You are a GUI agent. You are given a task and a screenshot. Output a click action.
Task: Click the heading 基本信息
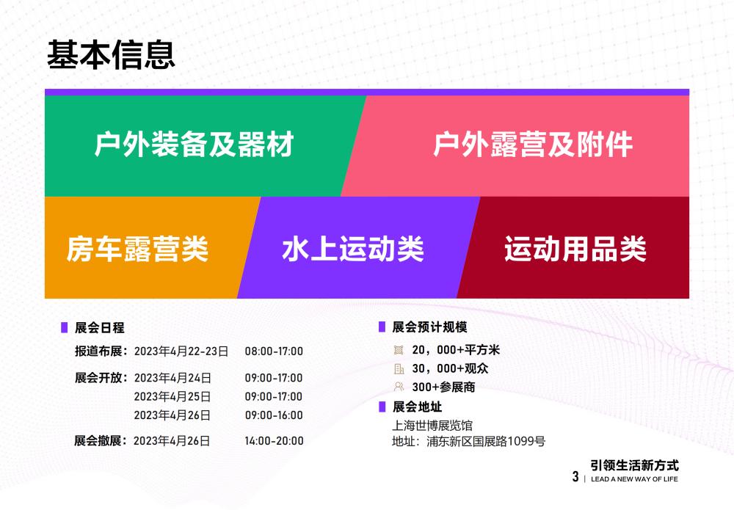click(112, 55)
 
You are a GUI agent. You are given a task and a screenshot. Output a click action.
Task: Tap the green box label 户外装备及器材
click(194, 145)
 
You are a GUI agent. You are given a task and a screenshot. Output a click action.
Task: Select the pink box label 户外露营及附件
click(533, 145)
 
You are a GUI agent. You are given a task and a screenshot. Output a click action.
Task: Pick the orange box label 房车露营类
click(138, 249)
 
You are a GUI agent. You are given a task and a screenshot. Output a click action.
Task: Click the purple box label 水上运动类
click(353, 249)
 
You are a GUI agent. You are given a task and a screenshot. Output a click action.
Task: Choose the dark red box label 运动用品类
click(575, 249)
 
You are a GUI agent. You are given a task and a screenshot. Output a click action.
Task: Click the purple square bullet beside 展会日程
click(64, 328)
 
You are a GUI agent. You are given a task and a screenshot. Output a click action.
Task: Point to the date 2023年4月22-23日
click(181, 351)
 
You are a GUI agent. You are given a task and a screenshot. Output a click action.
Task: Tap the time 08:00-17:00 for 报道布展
click(274, 351)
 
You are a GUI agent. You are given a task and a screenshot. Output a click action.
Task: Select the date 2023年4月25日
click(172, 396)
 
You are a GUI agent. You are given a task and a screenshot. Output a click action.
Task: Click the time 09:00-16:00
click(274, 415)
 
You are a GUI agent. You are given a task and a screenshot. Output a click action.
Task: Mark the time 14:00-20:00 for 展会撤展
click(274, 441)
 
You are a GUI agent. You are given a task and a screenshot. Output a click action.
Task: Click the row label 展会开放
click(101, 378)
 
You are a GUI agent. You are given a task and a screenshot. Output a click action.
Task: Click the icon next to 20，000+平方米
click(399, 350)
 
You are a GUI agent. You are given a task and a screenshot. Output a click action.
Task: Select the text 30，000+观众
click(450, 368)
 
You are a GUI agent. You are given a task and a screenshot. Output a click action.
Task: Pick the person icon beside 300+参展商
click(399, 387)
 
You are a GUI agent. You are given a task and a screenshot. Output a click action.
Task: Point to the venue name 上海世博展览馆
click(433, 425)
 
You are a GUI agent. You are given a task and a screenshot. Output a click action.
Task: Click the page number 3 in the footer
click(575, 477)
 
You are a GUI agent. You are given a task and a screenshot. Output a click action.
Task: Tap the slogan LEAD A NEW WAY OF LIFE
click(634, 479)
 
